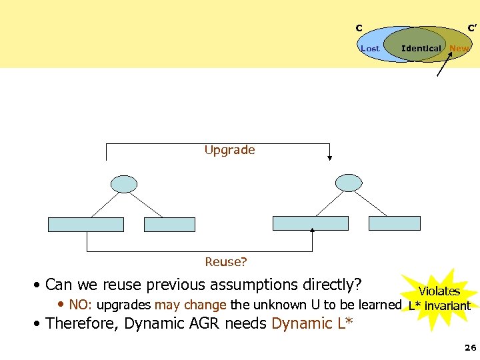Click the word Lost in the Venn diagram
coord(369,48)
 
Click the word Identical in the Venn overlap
coord(421,48)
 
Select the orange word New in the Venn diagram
coord(459,48)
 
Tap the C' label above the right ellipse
coord(471,28)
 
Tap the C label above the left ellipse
coord(359,28)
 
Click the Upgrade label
coord(229,150)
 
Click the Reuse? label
coord(225,262)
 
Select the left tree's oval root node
coord(124,183)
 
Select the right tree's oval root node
coord(349,182)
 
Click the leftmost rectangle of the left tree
coord(86,225)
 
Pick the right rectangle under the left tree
coord(169,225)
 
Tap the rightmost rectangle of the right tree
coord(395,223)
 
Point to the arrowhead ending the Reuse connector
coord(313,231)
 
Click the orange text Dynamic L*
coord(312,324)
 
